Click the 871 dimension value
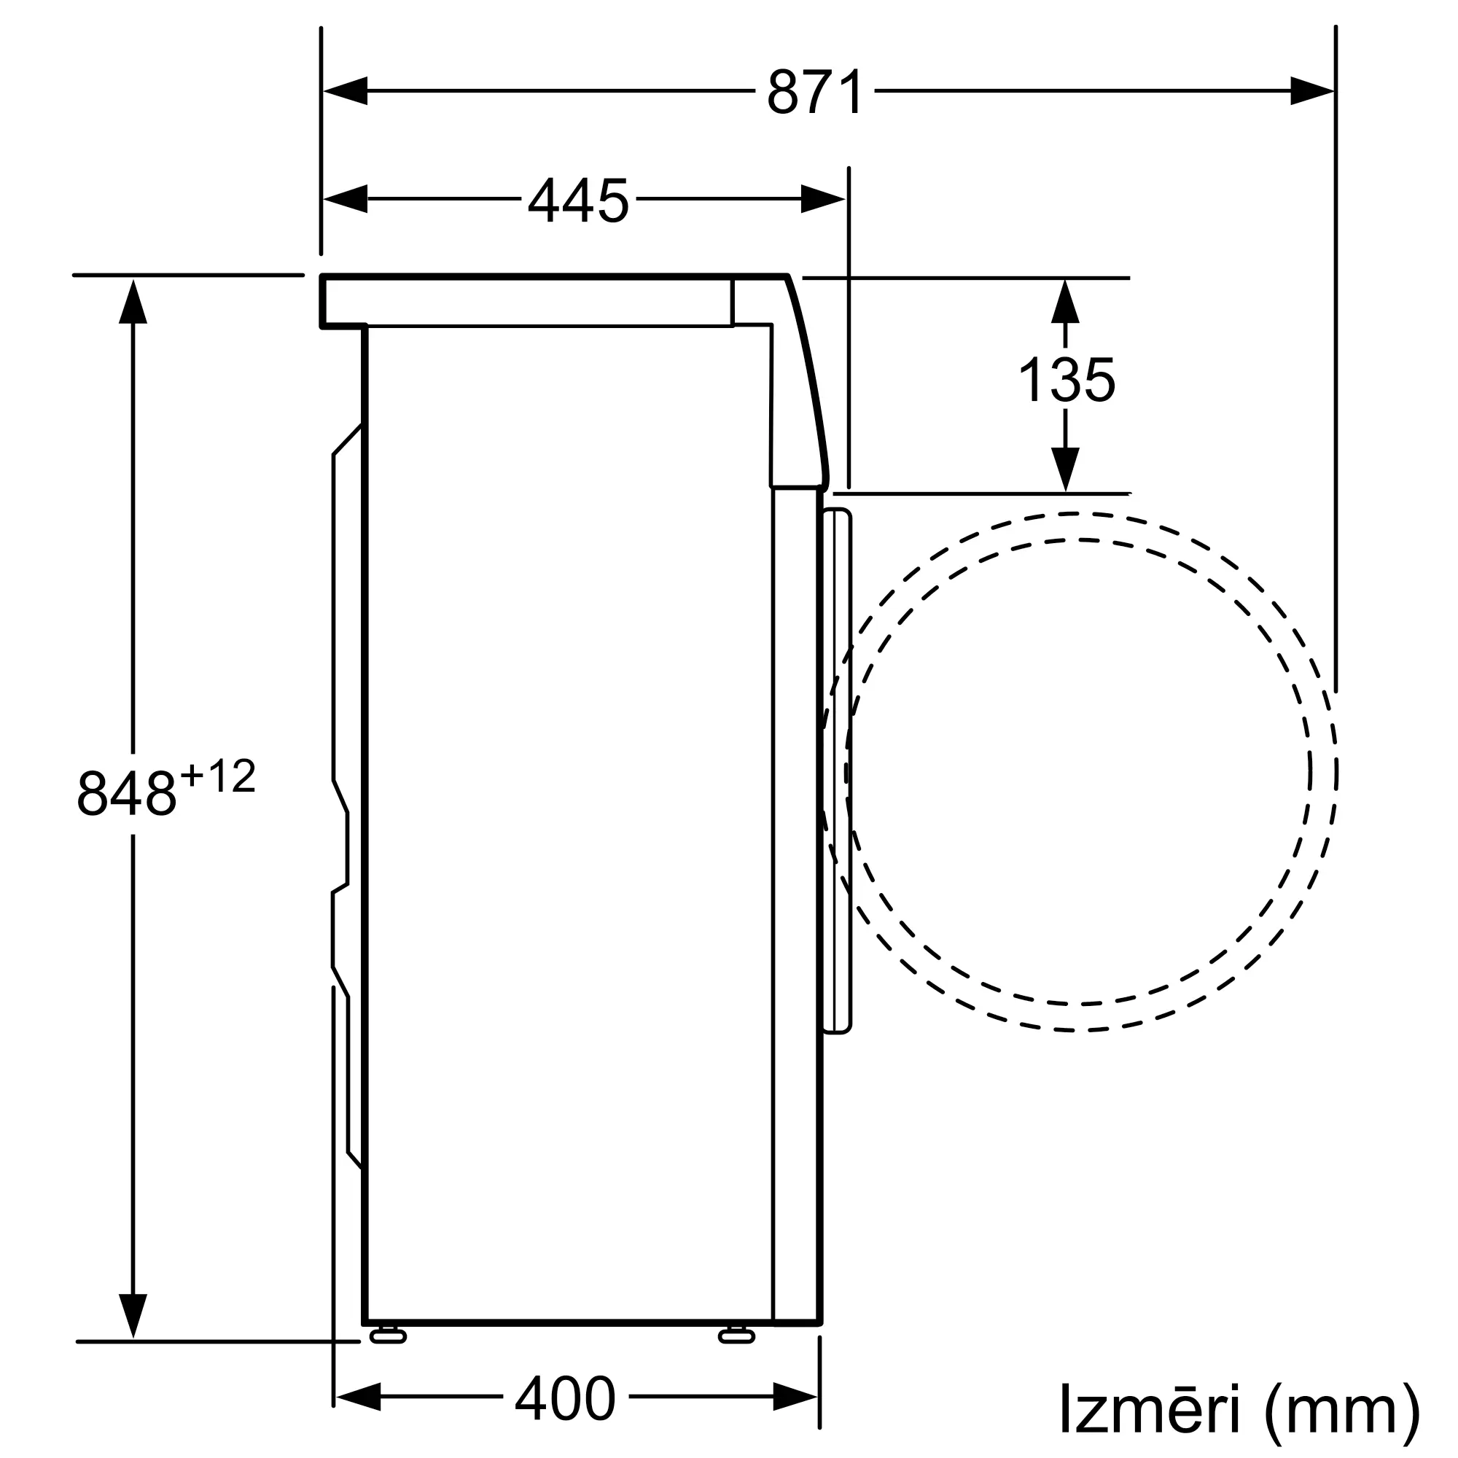[x=814, y=92]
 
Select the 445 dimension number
[x=578, y=200]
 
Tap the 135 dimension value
[x=1067, y=380]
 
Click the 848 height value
[x=126, y=792]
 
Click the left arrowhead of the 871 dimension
[x=346, y=90]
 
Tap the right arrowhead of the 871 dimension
[x=1311, y=90]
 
